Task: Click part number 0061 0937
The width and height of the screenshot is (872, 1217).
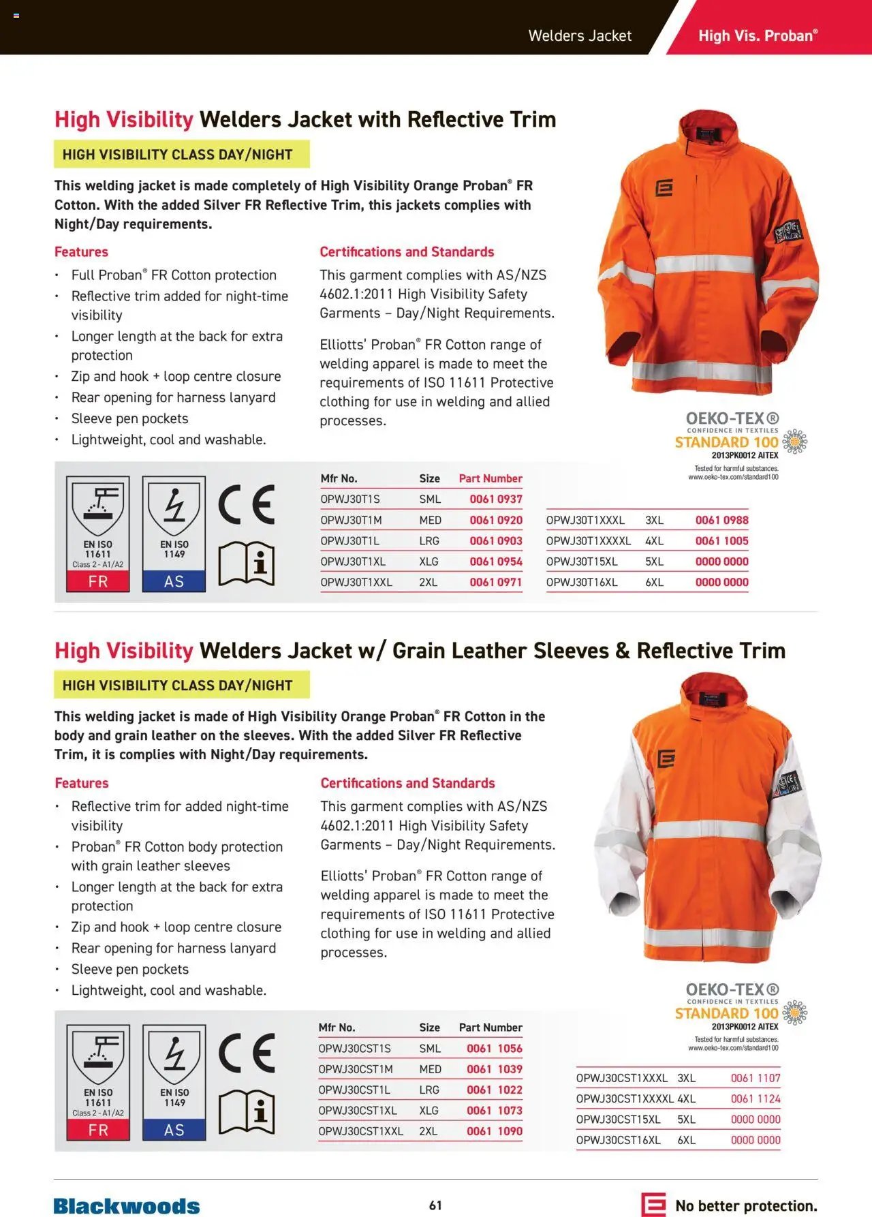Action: click(495, 499)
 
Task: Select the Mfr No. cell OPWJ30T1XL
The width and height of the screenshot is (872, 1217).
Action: click(353, 561)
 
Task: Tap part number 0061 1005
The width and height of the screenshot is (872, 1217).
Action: click(721, 541)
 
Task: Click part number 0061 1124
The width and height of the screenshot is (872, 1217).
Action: click(756, 1098)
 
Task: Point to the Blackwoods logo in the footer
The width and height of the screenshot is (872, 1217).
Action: click(127, 1205)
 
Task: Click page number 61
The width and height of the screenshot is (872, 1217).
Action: click(435, 1205)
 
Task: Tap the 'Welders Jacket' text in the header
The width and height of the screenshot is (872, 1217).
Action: click(580, 35)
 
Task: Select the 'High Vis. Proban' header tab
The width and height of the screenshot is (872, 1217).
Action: click(758, 35)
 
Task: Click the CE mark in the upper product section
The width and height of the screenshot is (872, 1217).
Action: click(247, 505)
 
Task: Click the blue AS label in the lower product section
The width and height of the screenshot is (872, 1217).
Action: click(174, 1130)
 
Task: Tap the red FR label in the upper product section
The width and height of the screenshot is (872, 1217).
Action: click(98, 581)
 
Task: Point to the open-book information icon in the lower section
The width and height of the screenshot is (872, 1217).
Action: click(247, 1112)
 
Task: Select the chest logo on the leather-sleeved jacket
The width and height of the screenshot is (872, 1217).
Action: click(666, 758)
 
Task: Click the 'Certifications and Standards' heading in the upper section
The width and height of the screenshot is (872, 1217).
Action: click(407, 251)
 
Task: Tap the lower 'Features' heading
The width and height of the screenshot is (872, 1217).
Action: click(82, 783)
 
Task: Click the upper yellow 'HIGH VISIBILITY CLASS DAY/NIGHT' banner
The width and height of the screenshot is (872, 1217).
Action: click(181, 155)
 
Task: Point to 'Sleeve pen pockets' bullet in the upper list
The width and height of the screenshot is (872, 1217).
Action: click(129, 418)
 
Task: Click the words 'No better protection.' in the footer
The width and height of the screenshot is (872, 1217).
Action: click(746, 1205)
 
